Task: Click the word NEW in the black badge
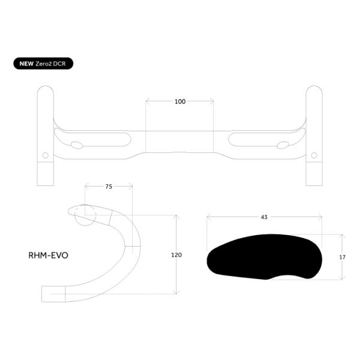click(x=26, y=64)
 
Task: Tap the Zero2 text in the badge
click(x=44, y=64)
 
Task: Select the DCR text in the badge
click(x=59, y=64)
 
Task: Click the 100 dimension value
click(x=180, y=101)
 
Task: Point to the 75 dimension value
click(x=109, y=187)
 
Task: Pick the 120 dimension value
click(x=176, y=255)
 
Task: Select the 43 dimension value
click(x=264, y=217)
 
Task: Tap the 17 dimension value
click(x=343, y=257)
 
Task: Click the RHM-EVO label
click(x=48, y=256)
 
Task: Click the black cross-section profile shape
click(x=264, y=257)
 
